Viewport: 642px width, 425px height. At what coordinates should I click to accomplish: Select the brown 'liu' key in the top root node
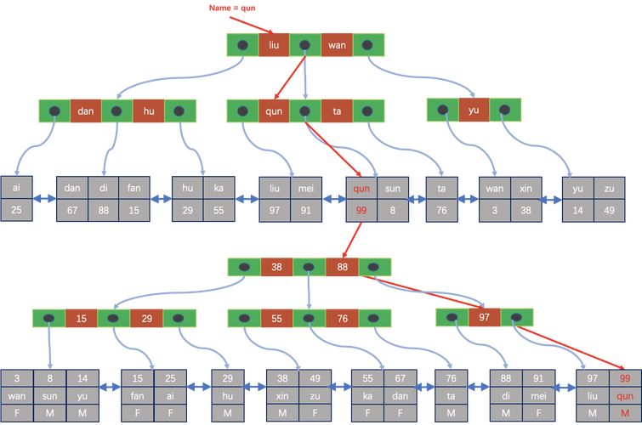point(274,44)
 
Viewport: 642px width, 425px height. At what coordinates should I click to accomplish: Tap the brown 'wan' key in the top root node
point(337,44)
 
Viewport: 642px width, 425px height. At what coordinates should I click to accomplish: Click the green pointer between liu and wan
point(305,44)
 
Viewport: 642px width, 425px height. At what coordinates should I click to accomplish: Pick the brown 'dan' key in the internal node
point(85,110)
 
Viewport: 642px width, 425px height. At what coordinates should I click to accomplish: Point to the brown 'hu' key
point(148,110)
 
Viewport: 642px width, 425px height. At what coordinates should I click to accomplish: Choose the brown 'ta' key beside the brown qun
point(337,110)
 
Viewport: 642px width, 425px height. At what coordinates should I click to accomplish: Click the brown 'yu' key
point(475,110)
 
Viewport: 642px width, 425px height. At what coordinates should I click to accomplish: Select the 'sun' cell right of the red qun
point(393,187)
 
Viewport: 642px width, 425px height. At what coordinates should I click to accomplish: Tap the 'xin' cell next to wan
point(527,187)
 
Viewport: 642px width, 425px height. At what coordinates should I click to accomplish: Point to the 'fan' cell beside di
point(134,187)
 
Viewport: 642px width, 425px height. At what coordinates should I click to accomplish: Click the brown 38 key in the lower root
point(276,267)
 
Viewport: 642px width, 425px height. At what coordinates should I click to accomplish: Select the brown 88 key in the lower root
point(341,267)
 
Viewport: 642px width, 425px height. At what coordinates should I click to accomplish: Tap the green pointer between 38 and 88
point(308,267)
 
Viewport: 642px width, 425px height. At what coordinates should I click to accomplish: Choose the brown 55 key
point(276,319)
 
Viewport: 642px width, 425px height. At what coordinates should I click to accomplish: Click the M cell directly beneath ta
point(450,412)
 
